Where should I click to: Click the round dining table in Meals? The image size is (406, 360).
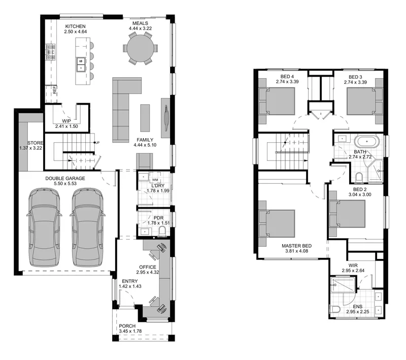tap(140, 48)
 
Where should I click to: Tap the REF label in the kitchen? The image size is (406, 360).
tap(55, 90)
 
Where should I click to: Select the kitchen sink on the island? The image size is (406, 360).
tap(81, 64)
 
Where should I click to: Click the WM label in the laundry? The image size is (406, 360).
tap(155, 180)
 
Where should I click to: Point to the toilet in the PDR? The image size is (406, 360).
tap(162, 231)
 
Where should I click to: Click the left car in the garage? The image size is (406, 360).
tap(44, 227)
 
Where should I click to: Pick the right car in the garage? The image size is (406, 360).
tap(87, 227)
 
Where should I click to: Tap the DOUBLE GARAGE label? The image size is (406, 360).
tap(65, 178)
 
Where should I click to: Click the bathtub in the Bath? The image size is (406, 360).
tap(366, 141)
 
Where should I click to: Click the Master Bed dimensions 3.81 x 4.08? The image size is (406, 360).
tap(297, 251)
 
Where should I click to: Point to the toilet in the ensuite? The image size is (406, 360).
tap(335, 309)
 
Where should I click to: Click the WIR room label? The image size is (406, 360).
tap(353, 266)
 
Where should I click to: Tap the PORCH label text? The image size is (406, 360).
tap(127, 326)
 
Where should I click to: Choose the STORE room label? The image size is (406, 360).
tap(35, 143)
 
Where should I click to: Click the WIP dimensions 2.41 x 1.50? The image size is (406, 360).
tap(66, 126)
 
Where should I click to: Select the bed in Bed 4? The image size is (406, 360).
tap(277, 101)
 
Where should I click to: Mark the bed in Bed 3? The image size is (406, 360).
tap(365, 101)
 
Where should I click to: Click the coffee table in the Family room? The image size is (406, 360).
tap(145, 118)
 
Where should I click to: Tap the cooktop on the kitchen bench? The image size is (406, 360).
tap(51, 52)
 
